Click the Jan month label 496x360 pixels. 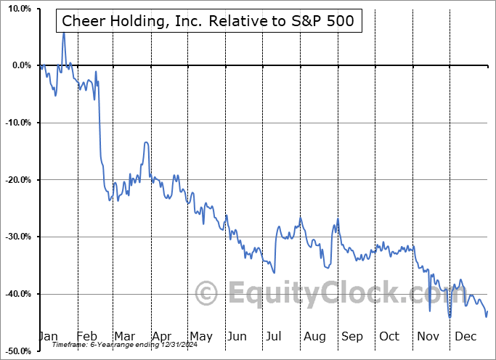click(x=48, y=336)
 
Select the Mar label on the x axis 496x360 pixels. click(x=125, y=336)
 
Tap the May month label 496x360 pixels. click(x=200, y=336)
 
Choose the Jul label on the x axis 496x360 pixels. click(x=275, y=336)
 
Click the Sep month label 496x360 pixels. click(x=351, y=336)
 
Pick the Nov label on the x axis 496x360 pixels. click(x=427, y=336)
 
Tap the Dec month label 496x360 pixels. click(x=465, y=336)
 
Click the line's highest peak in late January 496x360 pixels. click(x=63, y=33)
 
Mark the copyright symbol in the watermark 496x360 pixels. click(x=208, y=293)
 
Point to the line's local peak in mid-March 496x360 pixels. click(x=146, y=143)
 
